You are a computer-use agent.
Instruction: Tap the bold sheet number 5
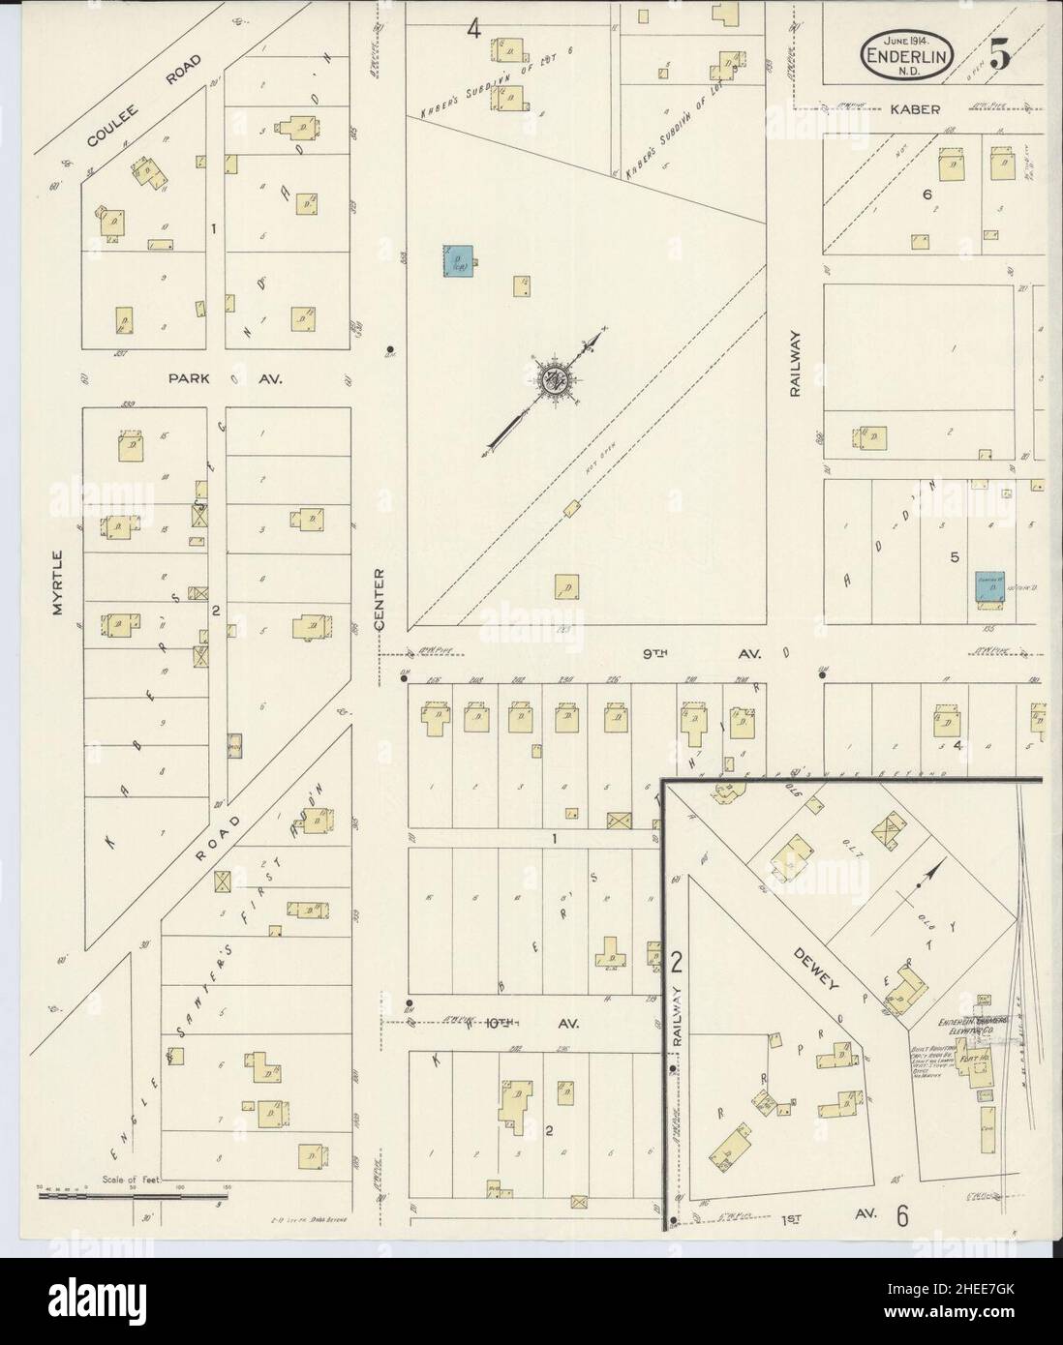click(1000, 56)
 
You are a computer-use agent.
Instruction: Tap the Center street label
click(380, 600)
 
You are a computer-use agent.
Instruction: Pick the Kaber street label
click(915, 109)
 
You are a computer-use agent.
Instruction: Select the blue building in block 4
click(458, 259)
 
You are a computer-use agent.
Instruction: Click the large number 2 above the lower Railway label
click(678, 963)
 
